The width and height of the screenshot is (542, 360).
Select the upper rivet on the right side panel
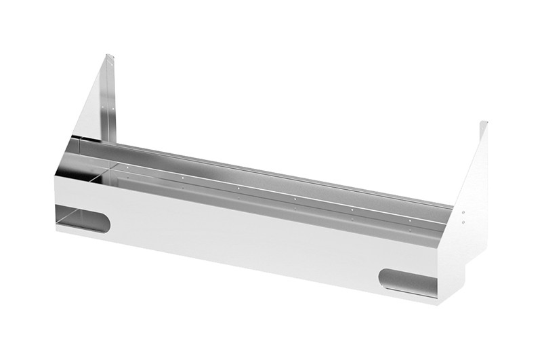click(x=463, y=212)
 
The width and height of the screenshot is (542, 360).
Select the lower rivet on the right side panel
click(x=463, y=220)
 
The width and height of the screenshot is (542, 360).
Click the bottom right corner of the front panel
click(x=441, y=303)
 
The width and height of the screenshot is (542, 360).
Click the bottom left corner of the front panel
click(x=56, y=231)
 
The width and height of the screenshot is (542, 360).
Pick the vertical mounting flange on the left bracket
click(x=111, y=102)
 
